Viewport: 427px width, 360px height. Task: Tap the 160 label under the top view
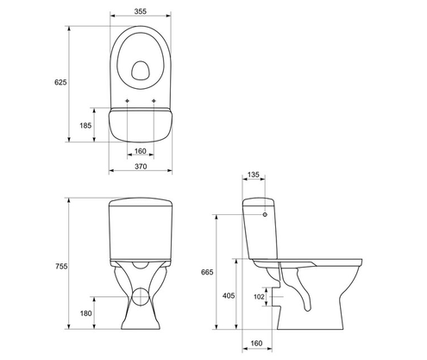141,152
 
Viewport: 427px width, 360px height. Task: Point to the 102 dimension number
259,298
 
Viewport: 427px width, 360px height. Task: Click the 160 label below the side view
256,343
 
